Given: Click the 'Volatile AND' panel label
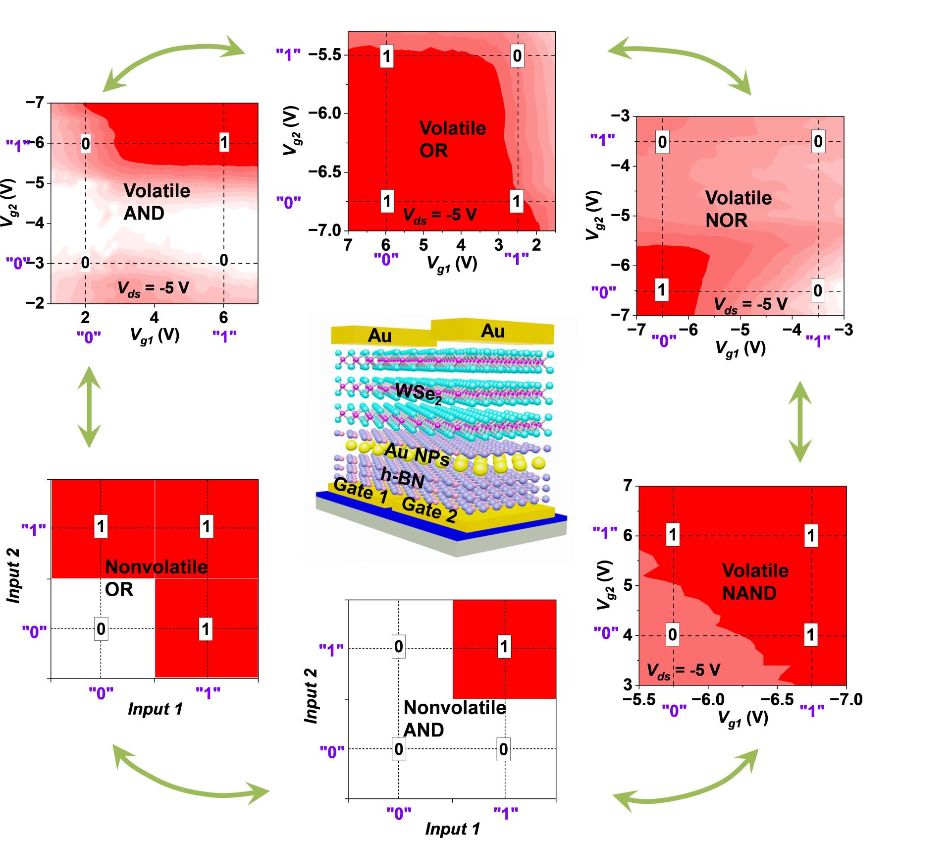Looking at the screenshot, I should coord(157,202).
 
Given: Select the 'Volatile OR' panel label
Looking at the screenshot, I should coord(452,139).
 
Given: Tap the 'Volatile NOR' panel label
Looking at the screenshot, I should coord(738,209).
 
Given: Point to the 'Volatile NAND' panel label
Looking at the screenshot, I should coord(755,581).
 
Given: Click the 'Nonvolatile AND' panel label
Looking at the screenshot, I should coord(454,719).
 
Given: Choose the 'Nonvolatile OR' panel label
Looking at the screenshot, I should coord(156,578).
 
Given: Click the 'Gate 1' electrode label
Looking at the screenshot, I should coord(360,491).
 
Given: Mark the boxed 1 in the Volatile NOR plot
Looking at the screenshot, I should coord(661,289).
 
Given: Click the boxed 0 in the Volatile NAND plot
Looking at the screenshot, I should coord(672,634).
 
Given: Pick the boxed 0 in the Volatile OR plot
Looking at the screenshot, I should coord(517,56).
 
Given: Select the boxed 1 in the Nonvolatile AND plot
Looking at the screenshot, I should coord(504,646).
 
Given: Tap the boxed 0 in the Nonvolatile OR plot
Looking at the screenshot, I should coord(101,629).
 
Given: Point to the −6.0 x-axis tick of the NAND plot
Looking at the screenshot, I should coord(708,699).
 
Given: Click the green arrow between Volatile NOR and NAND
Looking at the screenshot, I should coord(799,422).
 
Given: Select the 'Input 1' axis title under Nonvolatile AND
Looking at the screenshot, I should coord(452,829).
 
